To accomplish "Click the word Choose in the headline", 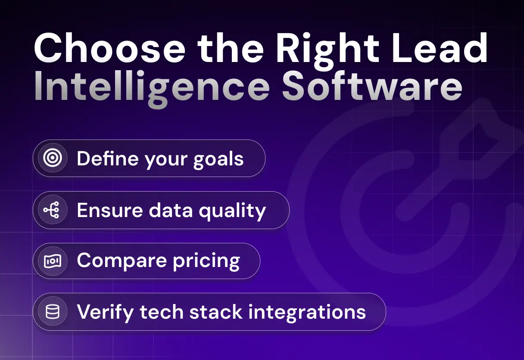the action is [x=109, y=48].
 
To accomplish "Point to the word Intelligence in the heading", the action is [x=152, y=89].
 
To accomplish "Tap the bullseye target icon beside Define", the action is [x=53, y=158].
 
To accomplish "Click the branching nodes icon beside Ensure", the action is [x=52, y=210].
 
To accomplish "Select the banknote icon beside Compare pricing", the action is [x=53, y=261].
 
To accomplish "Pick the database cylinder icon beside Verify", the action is [x=53, y=312].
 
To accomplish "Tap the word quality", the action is [x=232, y=211].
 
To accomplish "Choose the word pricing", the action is [x=206, y=262].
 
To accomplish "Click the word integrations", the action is [x=307, y=313].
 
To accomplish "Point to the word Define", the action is [x=108, y=158].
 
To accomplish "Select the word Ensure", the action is [x=110, y=210].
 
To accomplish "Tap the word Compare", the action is [x=122, y=261].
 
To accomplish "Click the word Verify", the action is [x=106, y=313].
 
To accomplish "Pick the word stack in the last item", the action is [x=216, y=311].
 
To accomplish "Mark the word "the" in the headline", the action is [x=231, y=48].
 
